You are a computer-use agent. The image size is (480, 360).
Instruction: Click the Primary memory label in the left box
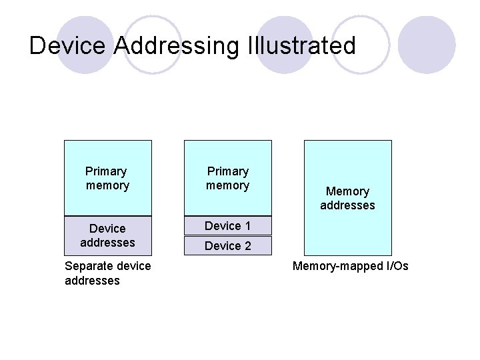coord(107,178)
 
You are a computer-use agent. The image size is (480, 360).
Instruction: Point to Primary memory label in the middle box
coord(227,178)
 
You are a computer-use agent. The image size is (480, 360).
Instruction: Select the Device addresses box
coord(107,235)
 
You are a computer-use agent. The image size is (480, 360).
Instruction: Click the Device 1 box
coord(227,225)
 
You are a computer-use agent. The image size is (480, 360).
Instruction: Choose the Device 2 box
coord(227,246)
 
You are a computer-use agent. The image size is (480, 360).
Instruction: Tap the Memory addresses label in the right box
coord(347,198)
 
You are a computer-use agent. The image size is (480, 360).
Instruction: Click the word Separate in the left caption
coord(87,266)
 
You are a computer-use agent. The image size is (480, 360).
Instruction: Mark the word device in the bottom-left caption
coord(134,266)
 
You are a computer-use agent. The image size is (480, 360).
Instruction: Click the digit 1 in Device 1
coord(247,225)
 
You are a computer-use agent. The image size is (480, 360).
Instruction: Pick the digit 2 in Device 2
coord(247,246)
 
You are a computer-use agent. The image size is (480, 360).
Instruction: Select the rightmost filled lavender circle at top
coord(430,41)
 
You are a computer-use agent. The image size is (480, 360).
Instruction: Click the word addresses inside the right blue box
coord(347,205)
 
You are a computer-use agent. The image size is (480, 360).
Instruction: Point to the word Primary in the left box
coord(107,171)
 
